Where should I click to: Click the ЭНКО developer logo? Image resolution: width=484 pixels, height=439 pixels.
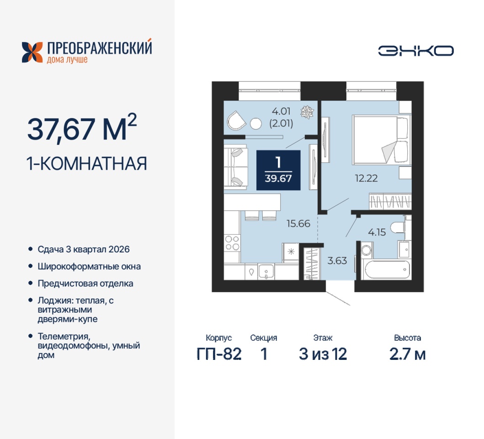click(x=416, y=51)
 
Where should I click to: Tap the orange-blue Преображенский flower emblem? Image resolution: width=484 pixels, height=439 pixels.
click(x=32, y=52)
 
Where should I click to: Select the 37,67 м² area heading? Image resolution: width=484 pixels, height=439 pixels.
click(x=82, y=128)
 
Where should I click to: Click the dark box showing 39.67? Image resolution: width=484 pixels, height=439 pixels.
click(x=278, y=170)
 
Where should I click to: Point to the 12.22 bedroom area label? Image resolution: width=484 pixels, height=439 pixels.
click(x=366, y=178)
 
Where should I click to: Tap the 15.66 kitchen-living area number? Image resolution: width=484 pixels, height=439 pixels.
click(x=298, y=223)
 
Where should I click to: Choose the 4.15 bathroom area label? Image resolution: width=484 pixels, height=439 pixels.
click(x=377, y=232)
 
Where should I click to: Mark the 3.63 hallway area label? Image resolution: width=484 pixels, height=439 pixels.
click(x=337, y=261)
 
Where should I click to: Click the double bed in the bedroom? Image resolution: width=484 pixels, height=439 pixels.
click(x=382, y=140)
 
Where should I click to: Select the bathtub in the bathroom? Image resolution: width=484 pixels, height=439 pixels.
click(x=388, y=270)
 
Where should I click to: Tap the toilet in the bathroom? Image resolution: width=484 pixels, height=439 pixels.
click(x=399, y=228)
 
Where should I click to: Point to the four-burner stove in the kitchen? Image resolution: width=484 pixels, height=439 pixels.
click(x=232, y=243)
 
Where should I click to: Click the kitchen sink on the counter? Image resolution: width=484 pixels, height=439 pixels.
click(x=266, y=272)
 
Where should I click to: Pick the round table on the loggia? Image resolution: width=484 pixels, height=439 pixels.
click(x=256, y=124)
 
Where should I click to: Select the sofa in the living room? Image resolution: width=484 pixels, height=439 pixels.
click(x=235, y=166)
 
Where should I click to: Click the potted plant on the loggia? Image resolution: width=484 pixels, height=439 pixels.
click(x=307, y=112)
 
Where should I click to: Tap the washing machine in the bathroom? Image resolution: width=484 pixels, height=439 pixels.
click(x=367, y=250)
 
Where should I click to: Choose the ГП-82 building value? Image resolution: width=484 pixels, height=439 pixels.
click(x=219, y=354)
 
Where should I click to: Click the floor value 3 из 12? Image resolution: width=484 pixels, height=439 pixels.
click(x=323, y=354)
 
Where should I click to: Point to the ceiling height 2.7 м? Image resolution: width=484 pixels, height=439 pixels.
click(x=408, y=354)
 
